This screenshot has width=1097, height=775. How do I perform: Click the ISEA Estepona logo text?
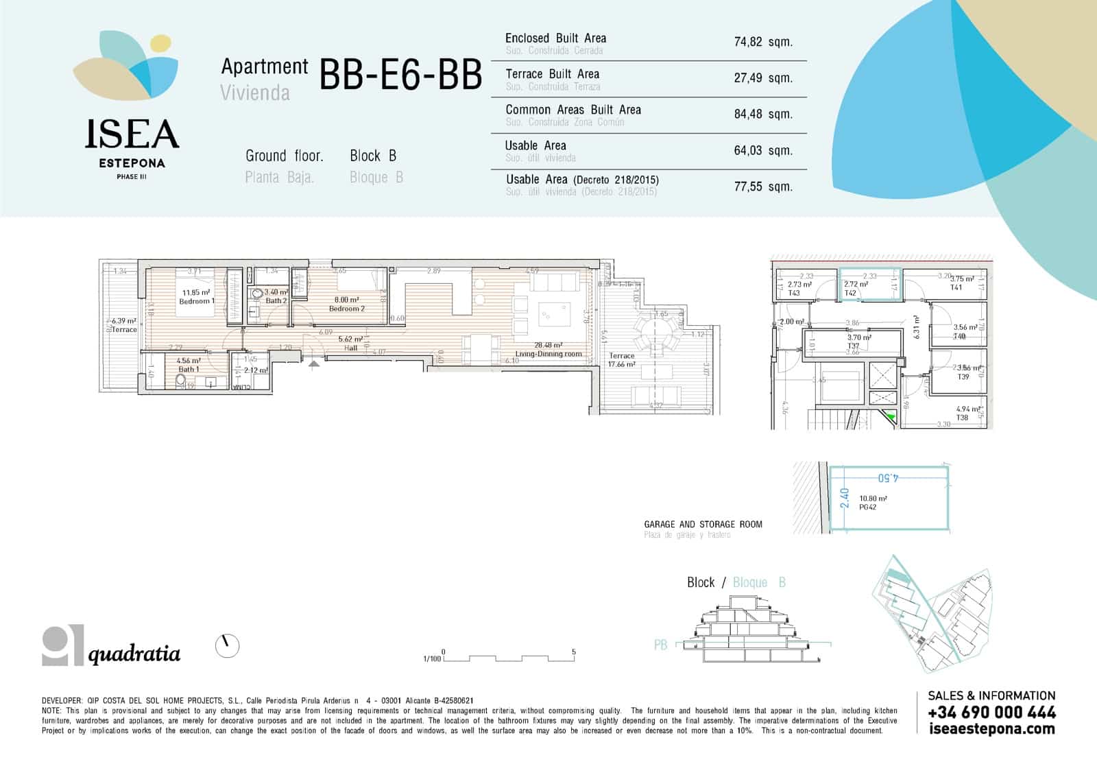click(132, 134)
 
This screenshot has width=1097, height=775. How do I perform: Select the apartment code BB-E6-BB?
click(400, 75)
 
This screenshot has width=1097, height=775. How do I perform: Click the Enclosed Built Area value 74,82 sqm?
click(762, 42)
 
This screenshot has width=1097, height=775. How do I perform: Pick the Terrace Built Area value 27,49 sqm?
click(762, 78)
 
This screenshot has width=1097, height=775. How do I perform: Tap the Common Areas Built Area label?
click(572, 110)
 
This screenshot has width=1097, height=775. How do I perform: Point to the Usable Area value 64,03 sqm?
click(762, 150)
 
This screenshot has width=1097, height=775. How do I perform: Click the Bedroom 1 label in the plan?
click(196, 301)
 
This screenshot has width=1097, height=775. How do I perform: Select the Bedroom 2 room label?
click(346, 309)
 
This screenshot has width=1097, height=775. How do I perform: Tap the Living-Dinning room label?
click(548, 354)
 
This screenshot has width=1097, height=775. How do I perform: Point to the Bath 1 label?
click(189, 369)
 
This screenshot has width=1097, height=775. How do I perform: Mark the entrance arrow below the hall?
click(314, 365)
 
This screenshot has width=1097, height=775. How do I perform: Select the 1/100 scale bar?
click(507, 657)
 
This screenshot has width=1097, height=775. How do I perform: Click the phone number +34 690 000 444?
click(991, 713)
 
